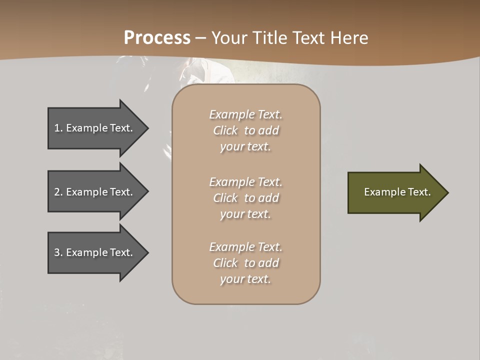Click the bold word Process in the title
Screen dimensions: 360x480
pyautogui.click(x=157, y=38)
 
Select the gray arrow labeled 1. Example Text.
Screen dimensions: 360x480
pyautogui.click(x=95, y=128)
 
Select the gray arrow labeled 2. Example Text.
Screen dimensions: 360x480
pyautogui.click(x=95, y=192)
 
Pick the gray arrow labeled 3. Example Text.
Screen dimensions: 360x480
pyautogui.click(x=95, y=252)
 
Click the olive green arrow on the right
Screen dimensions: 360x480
pyautogui.click(x=395, y=192)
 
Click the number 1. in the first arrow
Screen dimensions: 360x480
pyautogui.click(x=58, y=128)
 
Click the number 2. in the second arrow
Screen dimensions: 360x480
pyautogui.click(x=58, y=192)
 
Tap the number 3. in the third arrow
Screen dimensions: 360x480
pyautogui.click(x=58, y=252)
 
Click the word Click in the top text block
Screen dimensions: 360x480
pyautogui.click(x=225, y=130)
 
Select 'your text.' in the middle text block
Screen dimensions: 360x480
pyautogui.click(x=245, y=214)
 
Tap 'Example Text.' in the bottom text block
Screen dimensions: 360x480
pyautogui.click(x=245, y=247)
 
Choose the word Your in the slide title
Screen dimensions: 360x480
pyautogui.click(x=228, y=38)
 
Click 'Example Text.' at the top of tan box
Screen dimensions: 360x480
pyautogui.click(x=245, y=114)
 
